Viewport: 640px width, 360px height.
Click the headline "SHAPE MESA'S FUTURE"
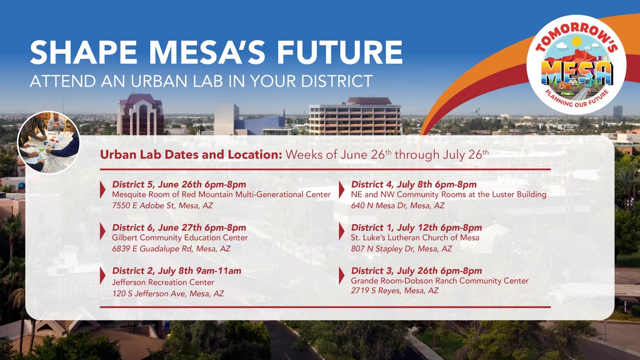[216, 53]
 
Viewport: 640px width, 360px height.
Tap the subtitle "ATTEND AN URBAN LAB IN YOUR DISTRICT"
[201, 81]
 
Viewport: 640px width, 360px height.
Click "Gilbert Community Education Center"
[180, 238]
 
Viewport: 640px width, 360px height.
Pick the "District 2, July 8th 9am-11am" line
[177, 271]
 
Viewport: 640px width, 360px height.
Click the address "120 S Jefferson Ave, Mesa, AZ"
[167, 293]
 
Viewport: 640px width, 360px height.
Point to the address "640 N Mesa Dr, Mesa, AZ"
[397, 205]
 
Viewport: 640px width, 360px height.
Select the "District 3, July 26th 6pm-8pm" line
[416, 271]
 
